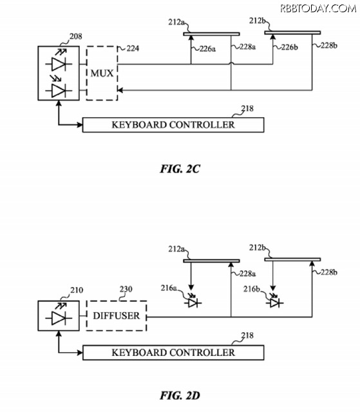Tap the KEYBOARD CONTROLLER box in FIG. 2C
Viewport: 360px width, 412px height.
point(173,125)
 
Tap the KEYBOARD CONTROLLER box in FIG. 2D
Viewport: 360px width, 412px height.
point(173,353)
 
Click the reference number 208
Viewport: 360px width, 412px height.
point(76,36)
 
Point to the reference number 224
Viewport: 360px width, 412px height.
point(133,49)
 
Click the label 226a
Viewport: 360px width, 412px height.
point(207,49)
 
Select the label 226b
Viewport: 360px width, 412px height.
point(290,47)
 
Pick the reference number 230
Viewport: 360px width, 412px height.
point(126,289)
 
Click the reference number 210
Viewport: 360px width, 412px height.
point(77,290)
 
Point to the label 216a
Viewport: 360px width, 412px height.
point(169,288)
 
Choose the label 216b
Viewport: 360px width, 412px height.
point(251,289)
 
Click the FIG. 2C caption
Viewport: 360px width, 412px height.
point(180,169)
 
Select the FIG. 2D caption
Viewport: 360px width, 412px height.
point(180,395)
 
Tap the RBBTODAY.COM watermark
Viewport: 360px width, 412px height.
point(318,8)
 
